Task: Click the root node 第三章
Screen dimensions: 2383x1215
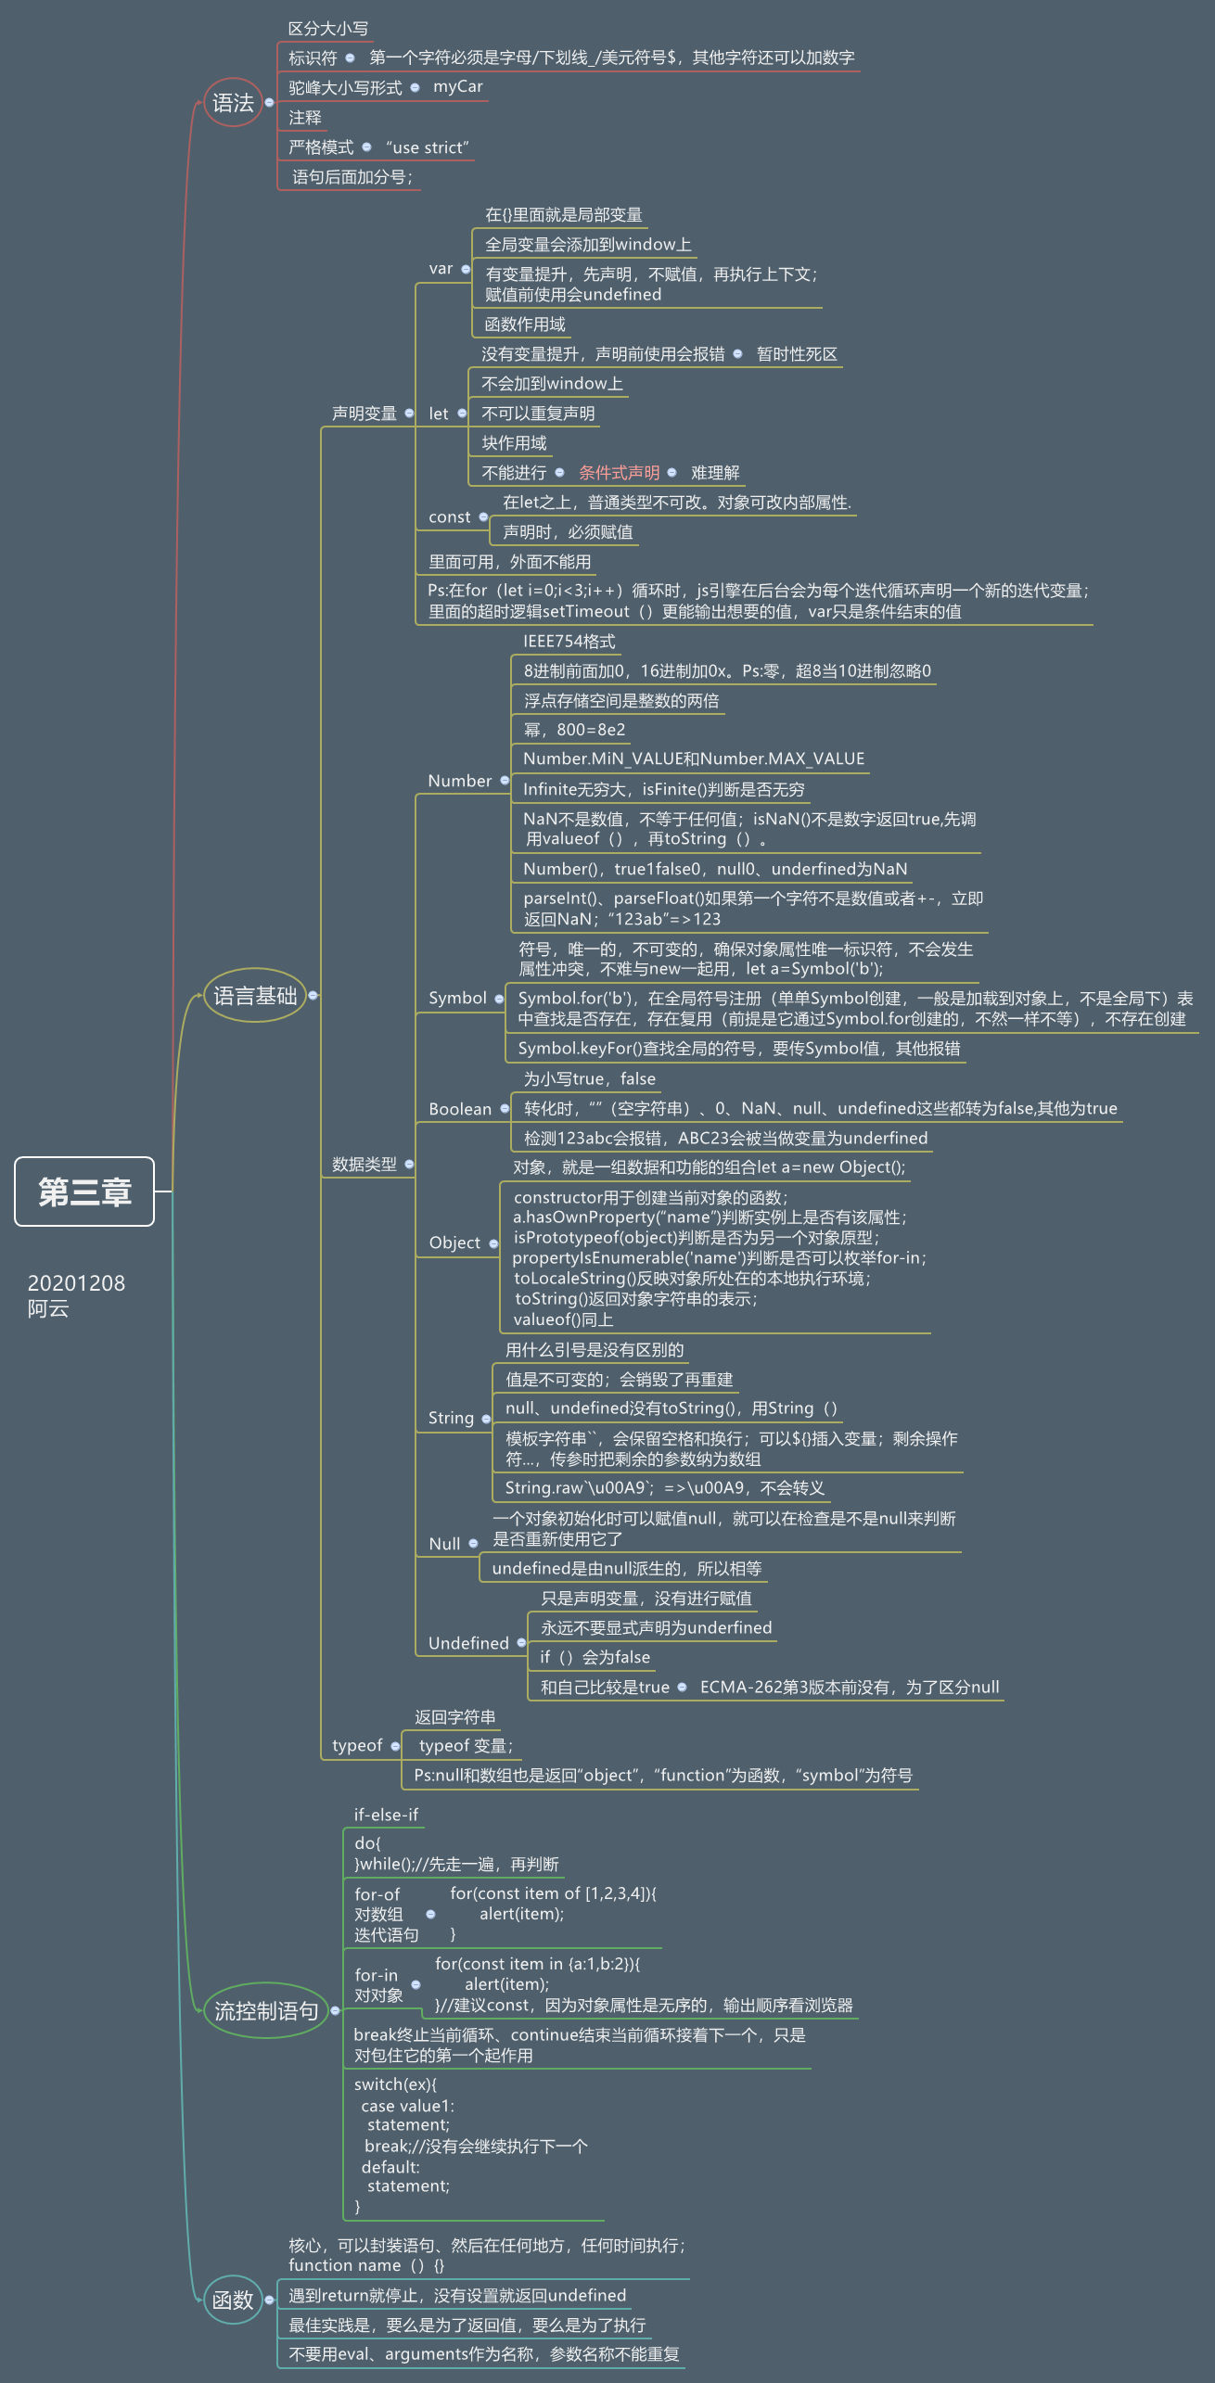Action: click(x=84, y=1191)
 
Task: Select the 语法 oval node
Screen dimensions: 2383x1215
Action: click(x=233, y=102)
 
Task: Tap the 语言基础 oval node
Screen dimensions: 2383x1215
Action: click(x=255, y=996)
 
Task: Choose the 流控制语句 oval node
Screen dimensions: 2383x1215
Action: click(x=266, y=2010)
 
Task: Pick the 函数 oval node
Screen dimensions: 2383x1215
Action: click(x=233, y=2300)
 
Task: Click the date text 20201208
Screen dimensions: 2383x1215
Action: click(x=76, y=1283)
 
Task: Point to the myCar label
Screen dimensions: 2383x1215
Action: click(x=458, y=86)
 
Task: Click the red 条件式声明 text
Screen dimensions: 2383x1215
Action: click(x=619, y=473)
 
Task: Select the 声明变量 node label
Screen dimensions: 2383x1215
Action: click(x=364, y=414)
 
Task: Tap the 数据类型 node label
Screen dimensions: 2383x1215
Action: click(x=364, y=1165)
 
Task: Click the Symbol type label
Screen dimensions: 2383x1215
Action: click(x=457, y=998)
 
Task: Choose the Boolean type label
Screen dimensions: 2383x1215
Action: click(x=460, y=1109)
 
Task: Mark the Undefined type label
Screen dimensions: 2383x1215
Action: click(x=468, y=1643)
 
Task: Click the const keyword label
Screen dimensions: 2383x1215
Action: click(x=450, y=517)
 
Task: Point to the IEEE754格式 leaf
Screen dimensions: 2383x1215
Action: click(x=569, y=642)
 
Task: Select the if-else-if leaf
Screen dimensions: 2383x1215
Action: click(x=386, y=1815)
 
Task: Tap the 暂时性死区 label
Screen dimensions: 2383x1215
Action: click(x=797, y=354)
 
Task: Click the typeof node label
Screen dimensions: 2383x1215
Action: click(x=357, y=1745)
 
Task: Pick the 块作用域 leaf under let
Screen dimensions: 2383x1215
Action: click(x=514, y=443)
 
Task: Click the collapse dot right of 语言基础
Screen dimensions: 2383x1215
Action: click(x=313, y=995)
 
